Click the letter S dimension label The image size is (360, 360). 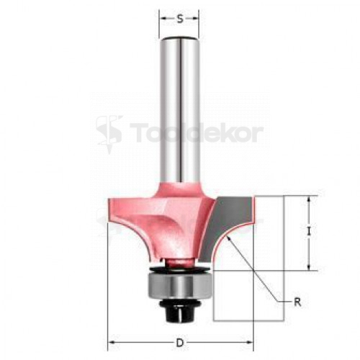click(180, 19)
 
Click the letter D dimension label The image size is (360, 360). click(179, 343)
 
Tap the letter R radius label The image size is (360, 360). click(297, 302)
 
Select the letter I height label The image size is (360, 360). click(309, 232)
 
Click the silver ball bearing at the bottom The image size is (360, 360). click(179, 286)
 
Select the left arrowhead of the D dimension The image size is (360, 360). click(112, 343)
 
